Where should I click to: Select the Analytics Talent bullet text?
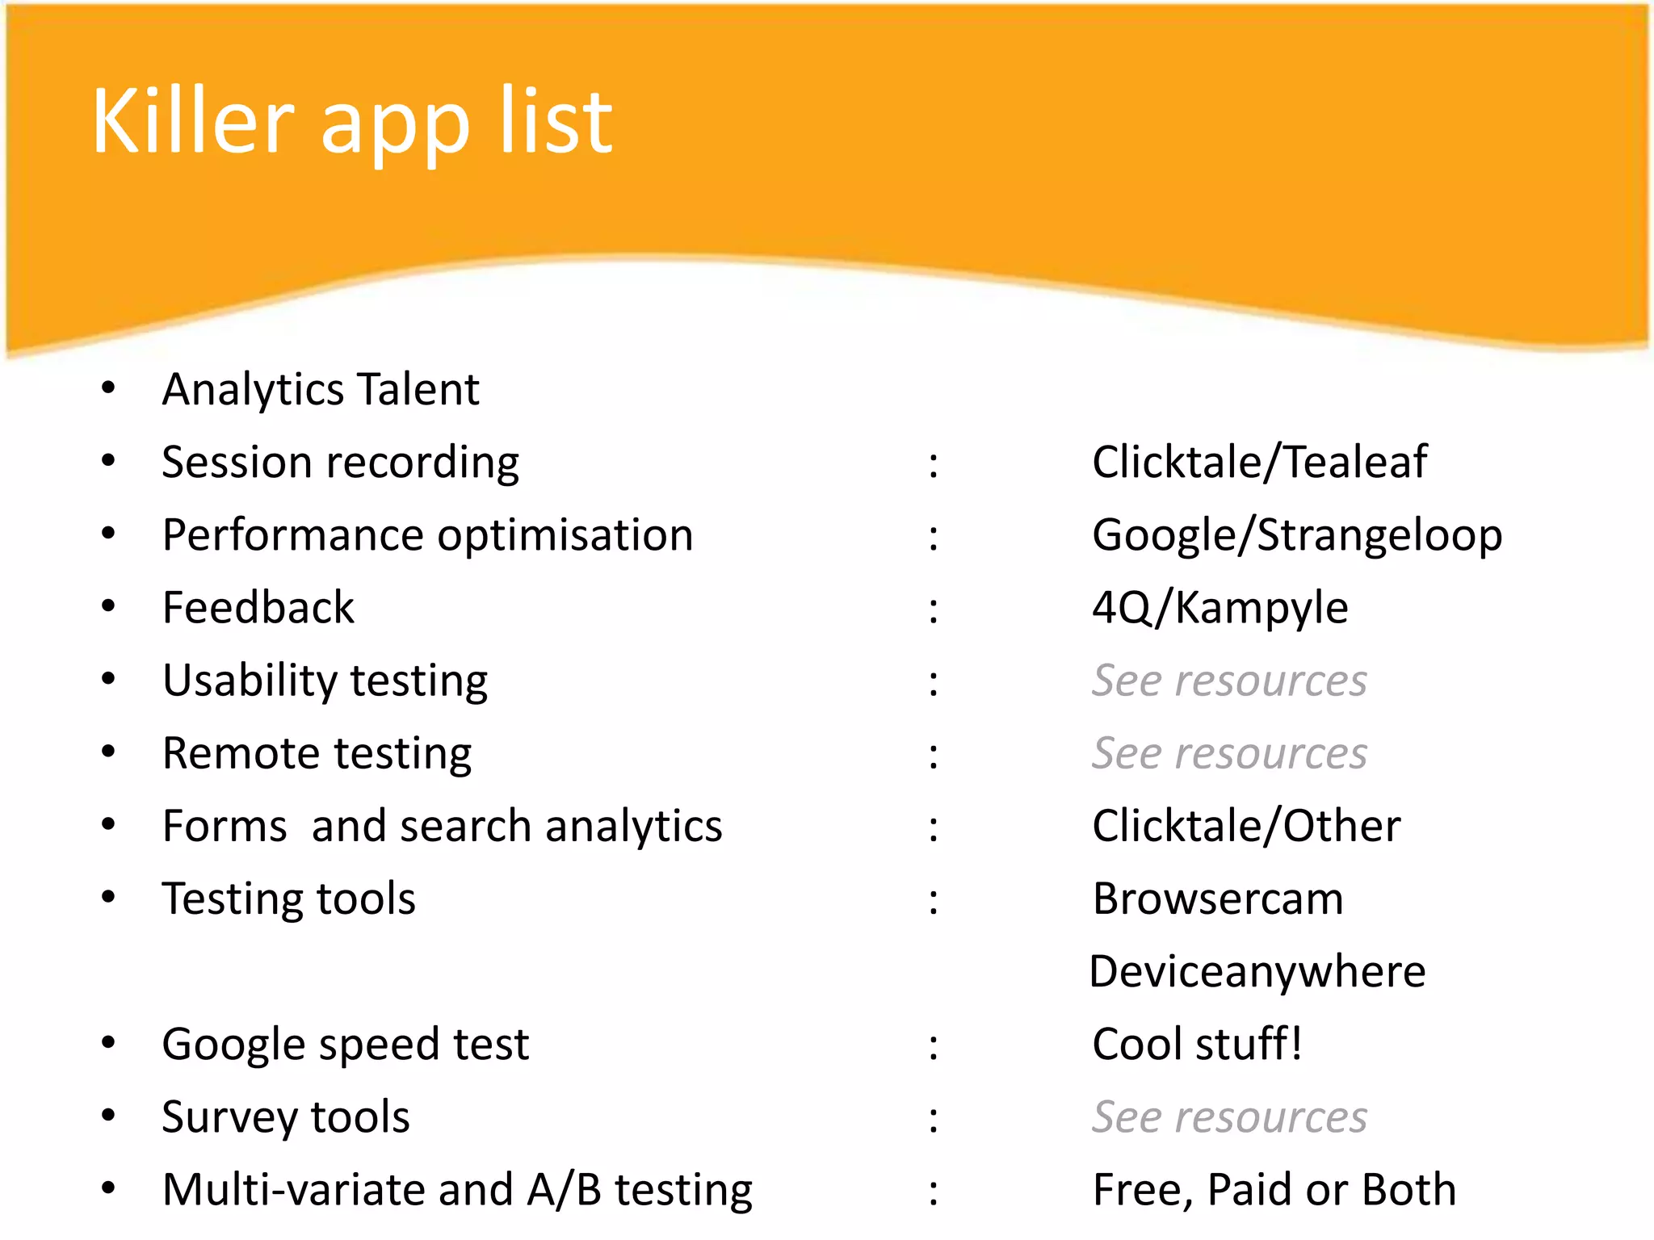coord(321,390)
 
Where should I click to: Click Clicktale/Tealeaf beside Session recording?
coord(1259,463)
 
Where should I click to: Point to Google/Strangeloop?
coord(1296,536)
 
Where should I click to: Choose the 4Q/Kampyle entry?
coord(1220,608)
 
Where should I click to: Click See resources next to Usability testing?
coord(1229,681)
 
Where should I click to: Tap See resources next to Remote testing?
coord(1229,753)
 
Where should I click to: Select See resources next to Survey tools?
coord(1229,1117)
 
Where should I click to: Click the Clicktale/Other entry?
coord(1246,827)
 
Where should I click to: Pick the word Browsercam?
coord(1218,899)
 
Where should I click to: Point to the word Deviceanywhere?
coord(1257,972)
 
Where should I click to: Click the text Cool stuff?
coord(1197,1045)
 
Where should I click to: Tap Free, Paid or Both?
coord(1274,1190)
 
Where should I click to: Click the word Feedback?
coord(258,608)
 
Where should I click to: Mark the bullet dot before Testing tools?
coord(108,897)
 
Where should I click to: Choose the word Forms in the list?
coord(225,827)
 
